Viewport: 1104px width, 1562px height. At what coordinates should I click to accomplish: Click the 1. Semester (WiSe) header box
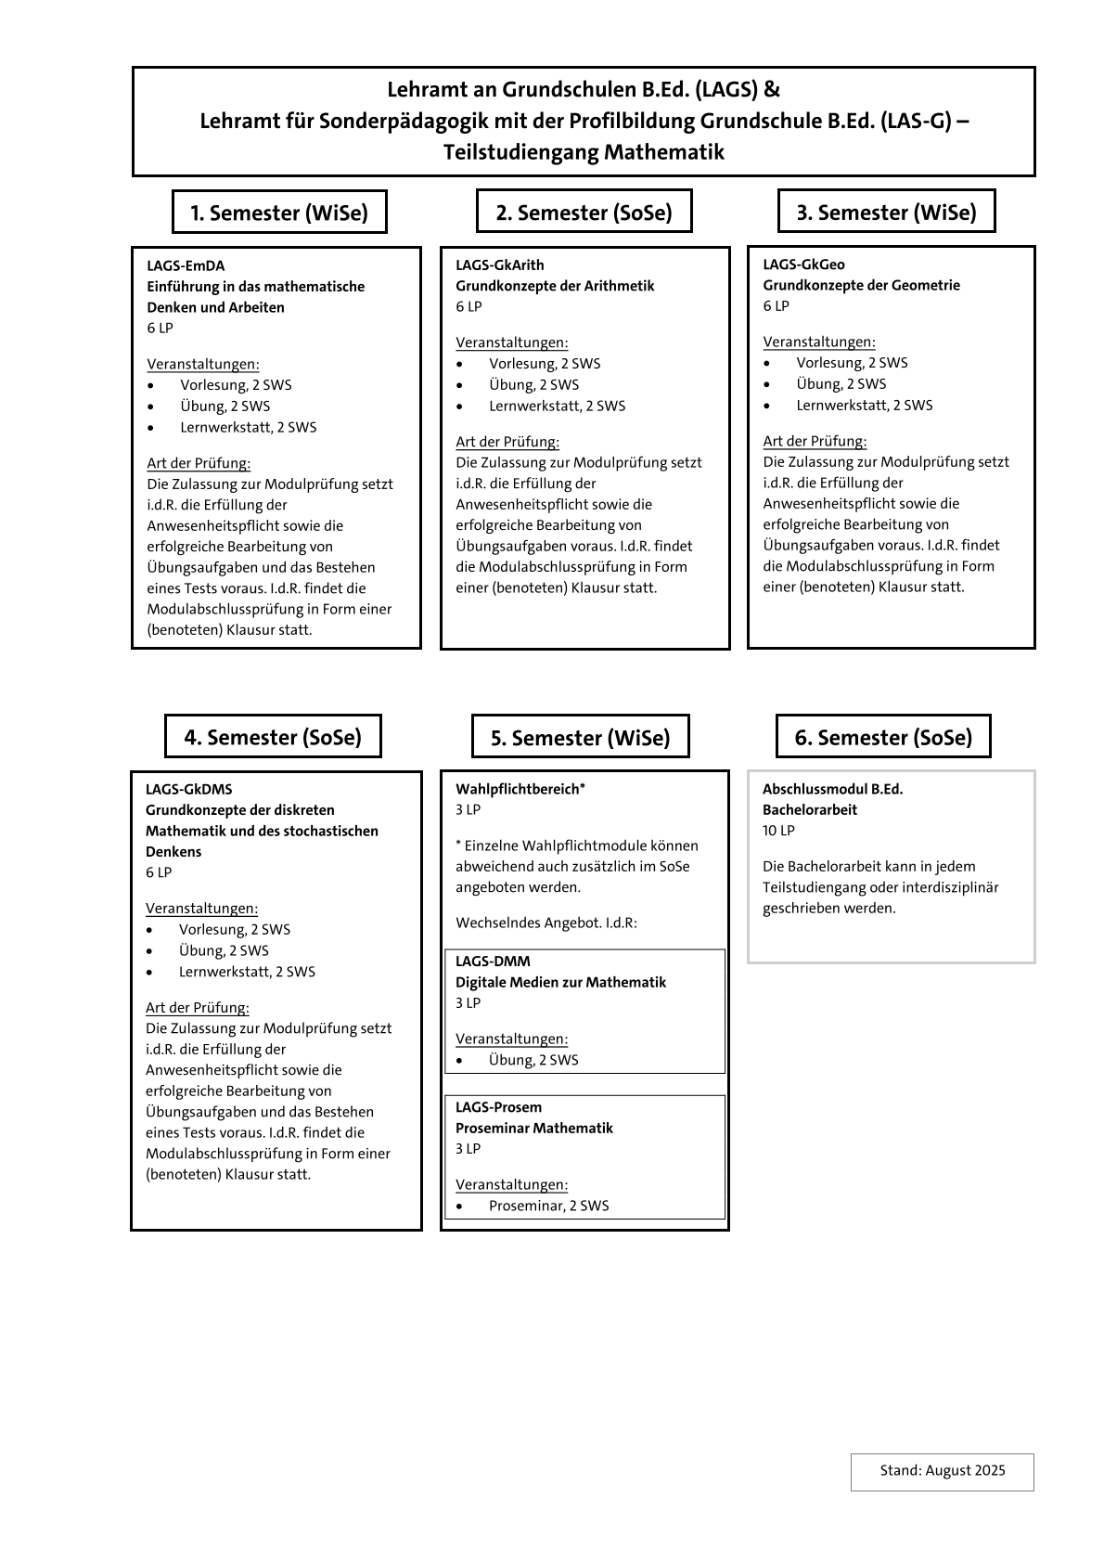coord(279,213)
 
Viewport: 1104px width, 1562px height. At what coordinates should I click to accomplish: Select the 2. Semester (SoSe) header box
coord(584,213)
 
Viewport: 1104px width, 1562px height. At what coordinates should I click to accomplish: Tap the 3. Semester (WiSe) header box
coord(886,213)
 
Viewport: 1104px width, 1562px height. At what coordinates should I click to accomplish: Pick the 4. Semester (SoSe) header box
coord(273,737)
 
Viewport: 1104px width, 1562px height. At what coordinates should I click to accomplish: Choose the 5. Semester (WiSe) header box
coord(580,738)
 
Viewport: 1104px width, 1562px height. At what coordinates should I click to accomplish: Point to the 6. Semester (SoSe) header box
coord(883,737)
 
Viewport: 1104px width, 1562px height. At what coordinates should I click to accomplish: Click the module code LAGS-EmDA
coord(186,265)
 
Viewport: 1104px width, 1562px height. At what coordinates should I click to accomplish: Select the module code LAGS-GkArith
coord(500,265)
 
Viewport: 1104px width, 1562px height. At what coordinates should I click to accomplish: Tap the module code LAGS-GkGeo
coord(803,265)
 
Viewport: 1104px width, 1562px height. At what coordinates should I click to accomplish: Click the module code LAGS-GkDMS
coord(188,789)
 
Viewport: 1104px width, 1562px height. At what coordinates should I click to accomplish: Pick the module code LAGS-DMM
coord(493,962)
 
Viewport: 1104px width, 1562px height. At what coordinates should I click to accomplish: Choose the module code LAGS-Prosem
coord(498,1107)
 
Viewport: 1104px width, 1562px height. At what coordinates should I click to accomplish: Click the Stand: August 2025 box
coord(942,1471)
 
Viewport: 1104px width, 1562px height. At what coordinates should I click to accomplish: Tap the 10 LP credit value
coord(778,831)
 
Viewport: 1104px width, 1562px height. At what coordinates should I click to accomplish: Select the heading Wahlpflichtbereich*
coord(520,789)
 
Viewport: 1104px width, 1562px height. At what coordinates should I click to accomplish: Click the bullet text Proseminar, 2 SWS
coord(548,1206)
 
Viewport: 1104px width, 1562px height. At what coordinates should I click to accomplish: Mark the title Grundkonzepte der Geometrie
coord(861,285)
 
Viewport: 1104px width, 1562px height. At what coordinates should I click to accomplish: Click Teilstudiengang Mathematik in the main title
coord(583,151)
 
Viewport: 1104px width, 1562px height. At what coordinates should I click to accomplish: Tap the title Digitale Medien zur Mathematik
coord(560,982)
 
